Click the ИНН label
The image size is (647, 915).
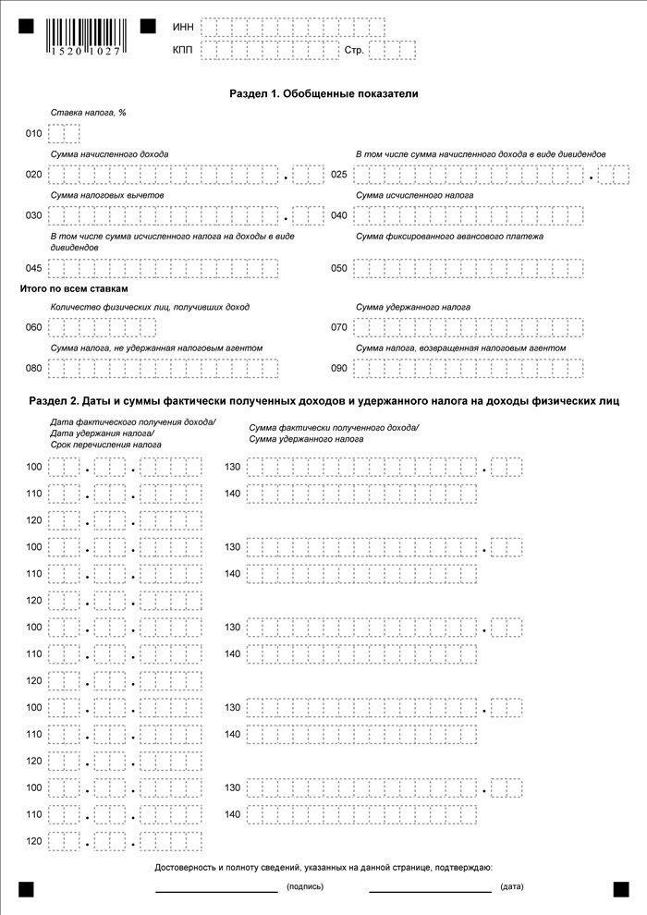tap(182, 27)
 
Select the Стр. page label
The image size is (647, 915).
tap(354, 50)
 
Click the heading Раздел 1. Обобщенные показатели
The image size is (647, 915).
tap(323, 93)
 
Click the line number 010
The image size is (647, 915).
tap(33, 134)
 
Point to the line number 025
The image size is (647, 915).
tap(339, 175)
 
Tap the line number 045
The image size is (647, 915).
tap(33, 269)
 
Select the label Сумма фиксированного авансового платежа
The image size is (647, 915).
tap(450, 237)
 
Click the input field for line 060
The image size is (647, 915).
tap(103, 328)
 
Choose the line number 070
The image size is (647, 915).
tap(339, 328)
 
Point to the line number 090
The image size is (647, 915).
tap(339, 368)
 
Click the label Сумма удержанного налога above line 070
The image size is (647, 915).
tap(413, 307)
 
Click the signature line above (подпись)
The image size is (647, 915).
tap(216, 890)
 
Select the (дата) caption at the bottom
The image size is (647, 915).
tap(511, 887)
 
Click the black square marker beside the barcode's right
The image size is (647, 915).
tap(148, 27)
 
